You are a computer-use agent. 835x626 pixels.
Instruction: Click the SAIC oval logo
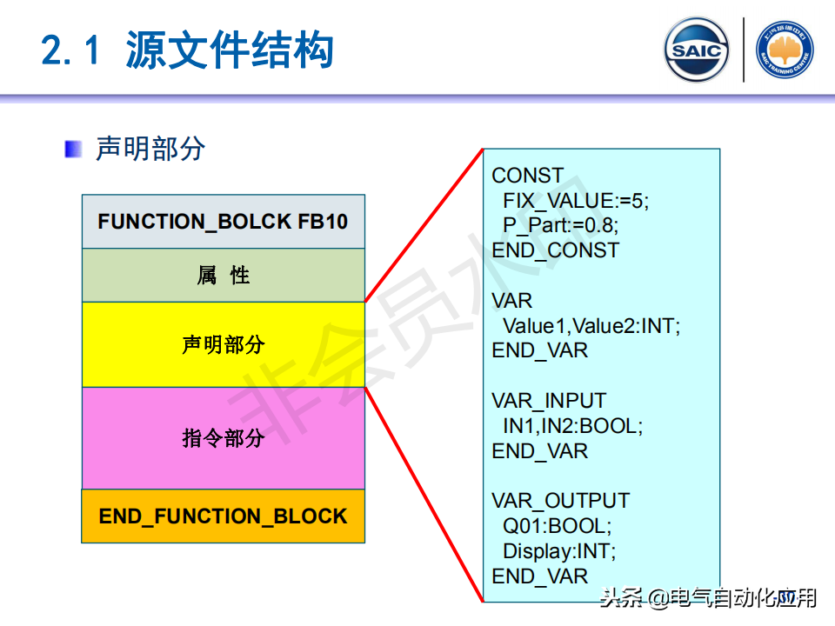(x=697, y=50)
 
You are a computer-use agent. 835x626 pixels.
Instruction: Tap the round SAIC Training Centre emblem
(x=785, y=50)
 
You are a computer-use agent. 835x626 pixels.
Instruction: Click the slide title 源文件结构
(x=230, y=50)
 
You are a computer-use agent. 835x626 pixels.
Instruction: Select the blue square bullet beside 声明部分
(x=74, y=149)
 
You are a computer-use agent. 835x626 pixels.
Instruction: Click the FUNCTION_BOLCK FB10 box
(x=223, y=222)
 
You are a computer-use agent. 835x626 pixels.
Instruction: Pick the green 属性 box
(x=223, y=276)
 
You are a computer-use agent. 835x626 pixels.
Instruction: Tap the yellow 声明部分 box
(x=223, y=344)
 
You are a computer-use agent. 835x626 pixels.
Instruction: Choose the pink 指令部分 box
(x=223, y=437)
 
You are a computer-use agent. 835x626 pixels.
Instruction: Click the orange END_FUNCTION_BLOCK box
(x=223, y=516)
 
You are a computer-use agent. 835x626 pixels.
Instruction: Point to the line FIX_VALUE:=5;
(x=575, y=201)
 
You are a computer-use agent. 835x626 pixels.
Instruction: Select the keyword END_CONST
(x=555, y=250)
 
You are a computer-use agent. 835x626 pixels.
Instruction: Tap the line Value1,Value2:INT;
(x=591, y=326)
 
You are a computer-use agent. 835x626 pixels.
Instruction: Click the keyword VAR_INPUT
(x=548, y=401)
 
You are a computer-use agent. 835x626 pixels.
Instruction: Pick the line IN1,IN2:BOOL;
(x=571, y=426)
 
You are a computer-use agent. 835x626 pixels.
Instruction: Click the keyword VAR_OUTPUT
(x=560, y=501)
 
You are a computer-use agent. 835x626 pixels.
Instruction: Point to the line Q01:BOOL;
(x=557, y=526)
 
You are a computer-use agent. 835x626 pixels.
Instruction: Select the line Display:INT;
(x=558, y=551)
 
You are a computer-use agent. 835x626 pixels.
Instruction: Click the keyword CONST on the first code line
(x=527, y=176)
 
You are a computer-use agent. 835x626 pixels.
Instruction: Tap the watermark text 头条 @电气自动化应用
(x=708, y=598)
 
